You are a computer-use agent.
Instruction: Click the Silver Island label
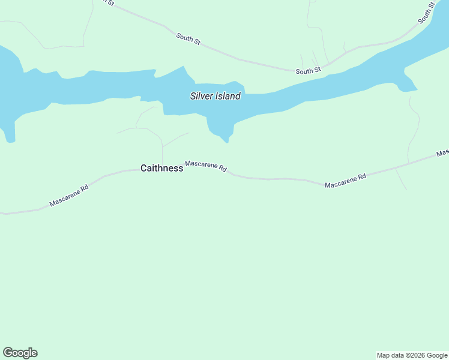click(x=215, y=96)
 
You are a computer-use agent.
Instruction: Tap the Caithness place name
click(x=161, y=169)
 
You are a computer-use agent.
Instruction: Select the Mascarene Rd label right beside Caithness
click(x=206, y=166)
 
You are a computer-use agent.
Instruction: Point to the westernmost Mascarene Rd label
click(x=69, y=196)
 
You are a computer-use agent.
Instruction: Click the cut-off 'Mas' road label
click(x=443, y=153)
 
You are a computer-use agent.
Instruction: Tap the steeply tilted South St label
click(x=426, y=13)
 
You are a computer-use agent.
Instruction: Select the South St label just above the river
click(x=309, y=71)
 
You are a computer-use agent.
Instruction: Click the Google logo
click(x=20, y=353)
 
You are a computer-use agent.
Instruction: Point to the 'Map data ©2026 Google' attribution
click(x=412, y=355)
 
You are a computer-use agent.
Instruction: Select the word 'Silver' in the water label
click(x=202, y=96)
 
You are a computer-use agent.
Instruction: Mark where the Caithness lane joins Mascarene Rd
click(x=163, y=167)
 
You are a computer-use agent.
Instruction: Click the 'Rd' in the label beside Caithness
click(x=222, y=170)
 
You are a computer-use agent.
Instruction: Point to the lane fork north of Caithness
click(x=162, y=146)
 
